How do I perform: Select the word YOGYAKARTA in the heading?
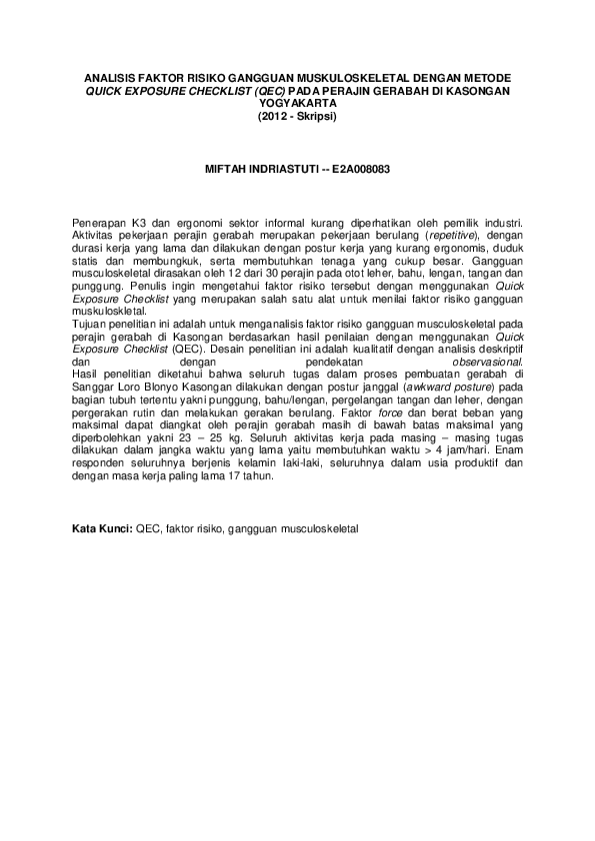(x=297, y=103)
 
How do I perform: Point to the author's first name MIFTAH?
(x=227, y=169)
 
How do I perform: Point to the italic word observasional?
(x=489, y=363)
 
